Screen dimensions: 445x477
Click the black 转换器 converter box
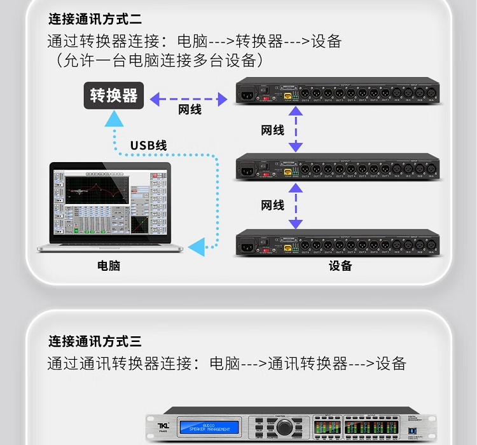[114, 95]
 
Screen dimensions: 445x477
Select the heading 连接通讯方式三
[95, 341]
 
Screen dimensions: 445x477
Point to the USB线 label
[148, 146]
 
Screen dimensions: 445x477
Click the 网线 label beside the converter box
[190, 110]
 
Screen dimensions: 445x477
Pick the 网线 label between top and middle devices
[273, 130]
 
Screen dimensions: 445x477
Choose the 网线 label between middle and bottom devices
[273, 205]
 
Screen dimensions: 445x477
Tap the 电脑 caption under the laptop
[109, 266]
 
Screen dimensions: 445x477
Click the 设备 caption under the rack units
[340, 266]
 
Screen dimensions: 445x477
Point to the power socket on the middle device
[246, 168]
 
